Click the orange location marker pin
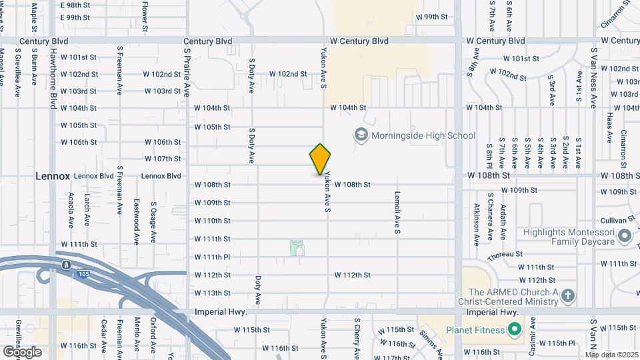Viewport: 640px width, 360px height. click(321, 159)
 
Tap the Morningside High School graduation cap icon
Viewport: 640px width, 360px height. click(361, 135)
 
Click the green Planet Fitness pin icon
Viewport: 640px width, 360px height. click(514, 329)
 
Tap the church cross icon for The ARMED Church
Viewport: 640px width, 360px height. click(567, 296)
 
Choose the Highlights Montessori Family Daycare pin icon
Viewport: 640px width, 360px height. click(625, 236)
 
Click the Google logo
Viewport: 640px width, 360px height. click(22, 351)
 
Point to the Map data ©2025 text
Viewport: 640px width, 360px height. click(611, 354)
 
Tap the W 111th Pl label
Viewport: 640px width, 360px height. click(213, 257)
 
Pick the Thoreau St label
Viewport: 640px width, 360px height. click(504, 254)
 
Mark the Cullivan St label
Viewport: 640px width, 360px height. click(616, 219)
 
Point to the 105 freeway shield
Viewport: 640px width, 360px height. click(66, 265)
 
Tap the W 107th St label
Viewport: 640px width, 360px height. click(163, 159)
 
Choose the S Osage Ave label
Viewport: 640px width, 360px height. click(153, 222)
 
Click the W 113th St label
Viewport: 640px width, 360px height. click(213, 293)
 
